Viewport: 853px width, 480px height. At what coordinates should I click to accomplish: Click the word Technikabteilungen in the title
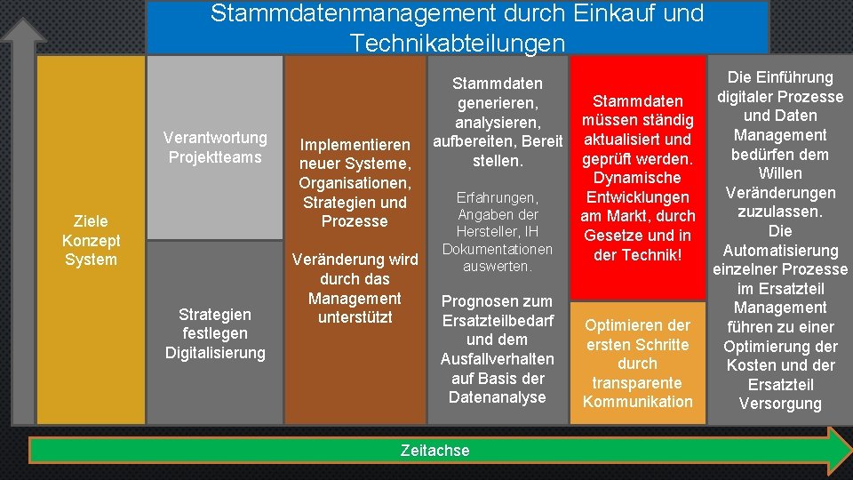457,43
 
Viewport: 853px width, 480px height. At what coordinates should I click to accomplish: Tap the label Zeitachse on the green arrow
434,451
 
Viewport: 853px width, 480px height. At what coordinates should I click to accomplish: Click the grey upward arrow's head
21,31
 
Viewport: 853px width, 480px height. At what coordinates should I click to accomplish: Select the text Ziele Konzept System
90,240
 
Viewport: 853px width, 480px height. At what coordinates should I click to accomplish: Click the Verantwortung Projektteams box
214,148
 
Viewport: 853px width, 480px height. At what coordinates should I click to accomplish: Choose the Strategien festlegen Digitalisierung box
214,333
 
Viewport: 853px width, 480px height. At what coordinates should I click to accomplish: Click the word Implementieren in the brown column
355,145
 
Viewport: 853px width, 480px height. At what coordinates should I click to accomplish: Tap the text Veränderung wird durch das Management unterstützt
355,288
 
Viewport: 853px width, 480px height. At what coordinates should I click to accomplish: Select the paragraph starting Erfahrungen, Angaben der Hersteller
498,231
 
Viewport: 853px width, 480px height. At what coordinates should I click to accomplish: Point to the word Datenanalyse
498,397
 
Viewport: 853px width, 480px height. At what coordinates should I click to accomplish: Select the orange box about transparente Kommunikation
637,364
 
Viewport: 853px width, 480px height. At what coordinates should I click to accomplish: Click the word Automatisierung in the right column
780,251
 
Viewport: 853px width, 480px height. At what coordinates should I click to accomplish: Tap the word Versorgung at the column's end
780,404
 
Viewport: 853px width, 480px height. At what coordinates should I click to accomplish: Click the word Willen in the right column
780,173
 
